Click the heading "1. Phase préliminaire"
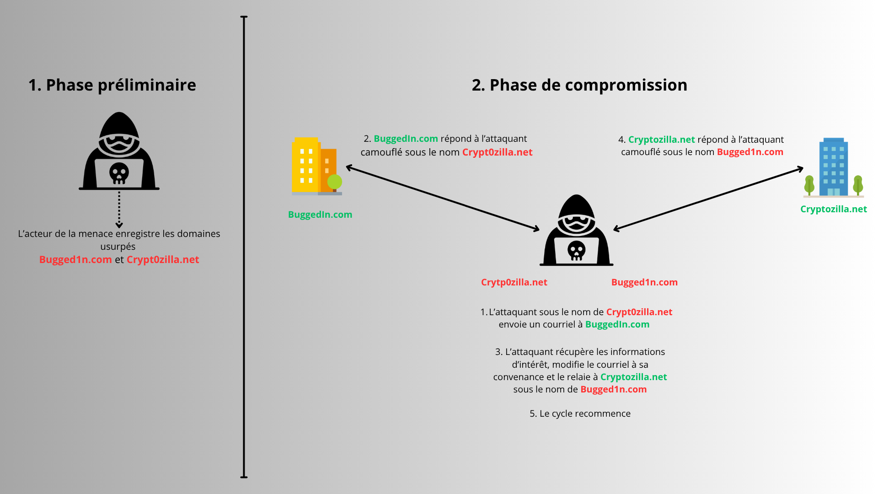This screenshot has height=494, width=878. [112, 85]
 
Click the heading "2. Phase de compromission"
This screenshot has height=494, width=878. [579, 85]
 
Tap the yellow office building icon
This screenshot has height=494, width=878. [316, 166]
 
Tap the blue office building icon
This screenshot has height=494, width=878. [834, 167]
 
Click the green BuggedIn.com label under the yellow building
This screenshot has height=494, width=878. [320, 215]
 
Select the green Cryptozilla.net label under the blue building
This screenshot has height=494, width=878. [834, 209]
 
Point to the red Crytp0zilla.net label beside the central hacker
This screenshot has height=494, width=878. [514, 282]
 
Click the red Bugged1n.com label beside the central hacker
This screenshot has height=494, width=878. [644, 282]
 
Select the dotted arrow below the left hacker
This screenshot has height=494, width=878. [119, 209]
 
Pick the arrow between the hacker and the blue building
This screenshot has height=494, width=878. [708, 199]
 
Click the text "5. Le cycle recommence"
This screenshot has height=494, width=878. [580, 413]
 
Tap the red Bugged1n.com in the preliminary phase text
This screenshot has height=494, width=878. [75, 260]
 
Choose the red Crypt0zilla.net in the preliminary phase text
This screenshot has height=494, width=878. [163, 260]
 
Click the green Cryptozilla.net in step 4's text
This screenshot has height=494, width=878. [662, 140]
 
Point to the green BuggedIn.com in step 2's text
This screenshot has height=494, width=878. [406, 139]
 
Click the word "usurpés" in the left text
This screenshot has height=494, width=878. [118, 247]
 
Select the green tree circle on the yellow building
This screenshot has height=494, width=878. [335, 182]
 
